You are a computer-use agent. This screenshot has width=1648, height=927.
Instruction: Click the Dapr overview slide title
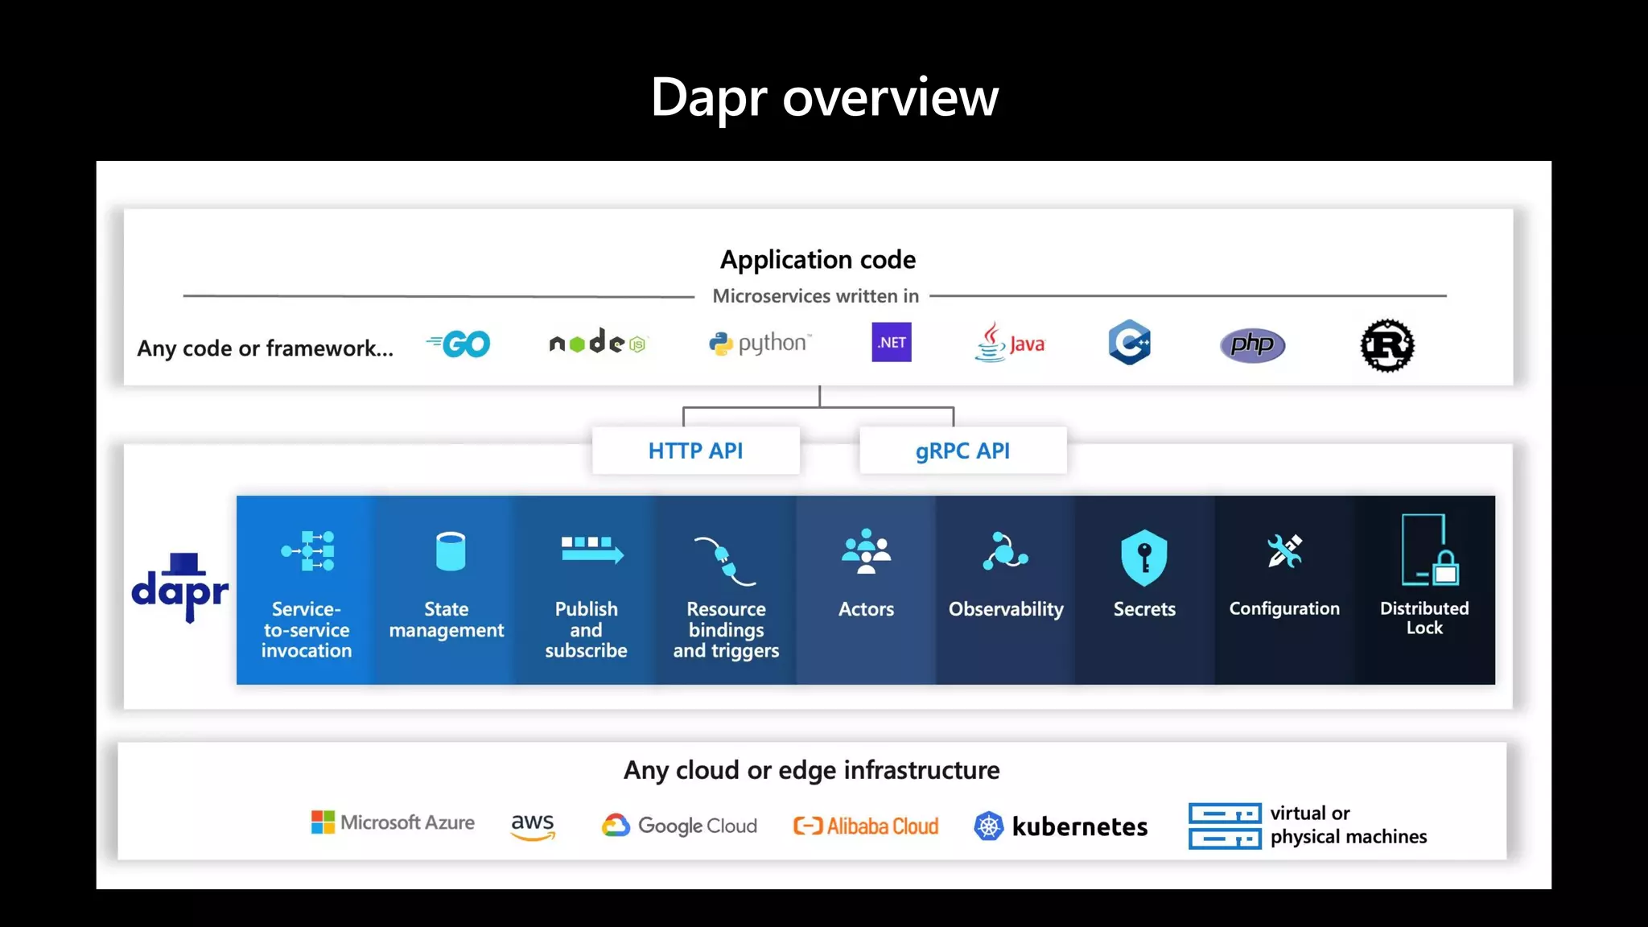pyautogui.click(x=824, y=97)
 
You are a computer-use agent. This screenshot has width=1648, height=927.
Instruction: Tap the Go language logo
pyautogui.click(x=459, y=344)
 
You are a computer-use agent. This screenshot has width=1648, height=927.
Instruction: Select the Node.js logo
pyautogui.click(x=597, y=343)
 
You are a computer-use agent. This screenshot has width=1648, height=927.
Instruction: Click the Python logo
pyautogui.click(x=760, y=344)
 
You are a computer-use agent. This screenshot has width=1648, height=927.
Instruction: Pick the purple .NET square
pyautogui.click(x=892, y=342)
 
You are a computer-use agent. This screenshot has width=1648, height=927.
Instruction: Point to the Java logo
pyautogui.click(x=1010, y=344)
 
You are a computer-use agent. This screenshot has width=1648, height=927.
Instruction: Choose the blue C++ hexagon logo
pyautogui.click(x=1129, y=343)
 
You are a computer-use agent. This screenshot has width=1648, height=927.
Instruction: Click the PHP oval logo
pyautogui.click(x=1252, y=345)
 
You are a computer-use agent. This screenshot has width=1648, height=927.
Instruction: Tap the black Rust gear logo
pyautogui.click(x=1387, y=346)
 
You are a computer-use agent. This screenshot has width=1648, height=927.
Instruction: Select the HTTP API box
pyautogui.click(x=696, y=451)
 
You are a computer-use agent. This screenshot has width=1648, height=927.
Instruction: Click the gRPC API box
pyautogui.click(x=962, y=451)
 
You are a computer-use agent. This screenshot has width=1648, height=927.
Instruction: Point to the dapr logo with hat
pyautogui.click(x=180, y=587)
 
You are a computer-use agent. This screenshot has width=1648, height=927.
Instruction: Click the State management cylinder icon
pyautogui.click(x=450, y=551)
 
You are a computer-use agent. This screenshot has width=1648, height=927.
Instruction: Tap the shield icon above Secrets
pyautogui.click(x=1143, y=557)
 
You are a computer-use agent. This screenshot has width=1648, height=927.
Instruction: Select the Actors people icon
pyautogui.click(x=866, y=552)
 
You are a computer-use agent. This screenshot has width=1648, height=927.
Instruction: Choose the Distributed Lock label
pyautogui.click(x=1424, y=618)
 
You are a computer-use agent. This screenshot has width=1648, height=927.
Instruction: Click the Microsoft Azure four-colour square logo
pyautogui.click(x=323, y=822)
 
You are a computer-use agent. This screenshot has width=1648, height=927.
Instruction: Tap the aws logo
pyautogui.click(x=533, y=826)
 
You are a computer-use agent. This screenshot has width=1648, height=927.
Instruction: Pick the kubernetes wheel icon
pyautogui.click(x=989, y=826)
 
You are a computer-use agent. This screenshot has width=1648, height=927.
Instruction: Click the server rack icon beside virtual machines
pyautogui.click(x=1224, y=826)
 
